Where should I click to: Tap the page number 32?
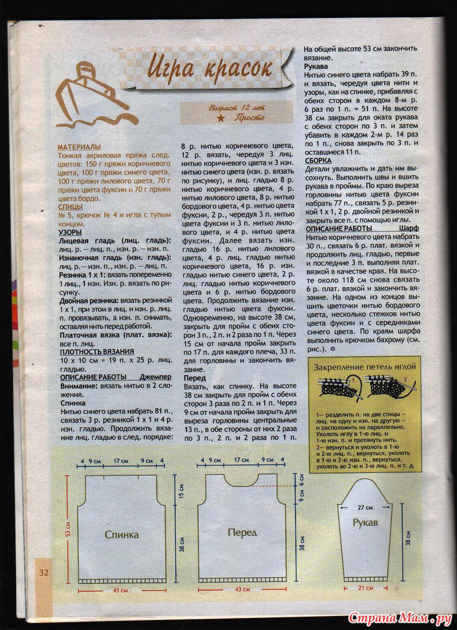(43, 572)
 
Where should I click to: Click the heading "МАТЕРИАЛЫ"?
(79, 148)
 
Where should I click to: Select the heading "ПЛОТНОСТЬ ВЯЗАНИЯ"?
(97, 351)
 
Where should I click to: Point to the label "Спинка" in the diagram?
(122, 534)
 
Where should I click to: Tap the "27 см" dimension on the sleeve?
(365, 508)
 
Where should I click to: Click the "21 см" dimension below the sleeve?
(365, 588)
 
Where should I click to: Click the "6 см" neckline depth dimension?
(301, 480)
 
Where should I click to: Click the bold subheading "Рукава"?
(316, 67)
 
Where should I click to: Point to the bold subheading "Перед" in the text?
(194, 377)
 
